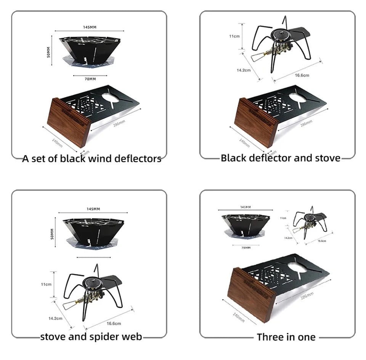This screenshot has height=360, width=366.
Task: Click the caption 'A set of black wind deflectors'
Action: coord(91,159)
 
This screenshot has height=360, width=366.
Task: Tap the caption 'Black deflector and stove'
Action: coord(280,158)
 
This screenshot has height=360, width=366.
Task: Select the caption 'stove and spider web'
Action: coord(91,336)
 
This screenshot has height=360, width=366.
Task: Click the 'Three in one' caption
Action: coord(286,337)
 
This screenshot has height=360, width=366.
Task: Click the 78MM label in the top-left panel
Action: coord(90,79)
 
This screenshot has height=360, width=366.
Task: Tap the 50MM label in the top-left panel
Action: coord(48,53)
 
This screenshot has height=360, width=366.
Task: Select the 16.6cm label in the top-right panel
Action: coord(302,75)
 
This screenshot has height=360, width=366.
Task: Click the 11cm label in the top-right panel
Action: coord(234,36)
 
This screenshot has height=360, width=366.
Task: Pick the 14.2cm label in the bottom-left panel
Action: coord(56,318)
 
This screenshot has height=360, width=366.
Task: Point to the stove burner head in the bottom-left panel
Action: coord(93,284)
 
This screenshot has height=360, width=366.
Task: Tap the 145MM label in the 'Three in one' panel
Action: coord(246,207)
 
